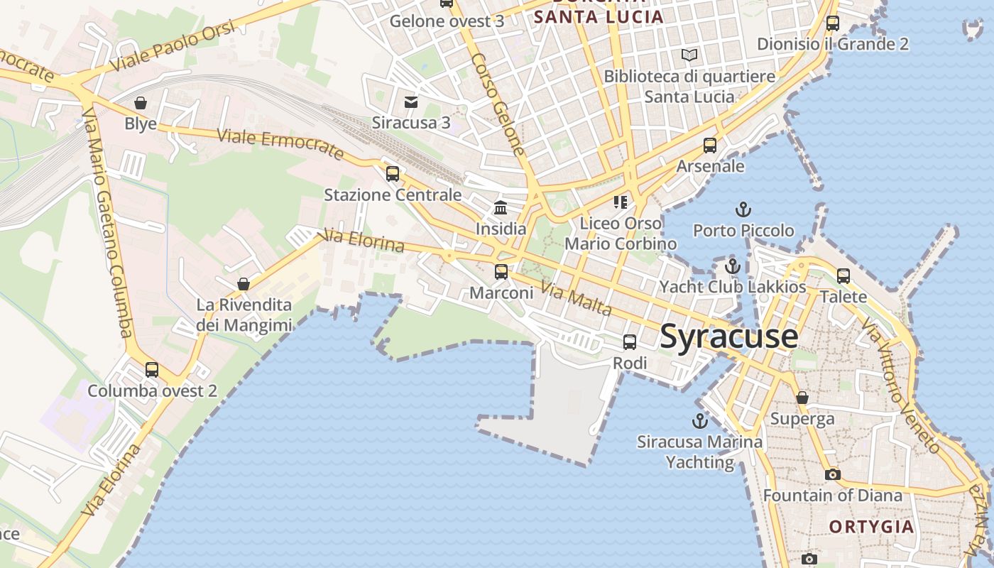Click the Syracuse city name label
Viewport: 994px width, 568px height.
tap(728, 336)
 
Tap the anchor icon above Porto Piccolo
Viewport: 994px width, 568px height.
tap(743, 209)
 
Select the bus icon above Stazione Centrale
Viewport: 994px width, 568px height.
tap(393, 174)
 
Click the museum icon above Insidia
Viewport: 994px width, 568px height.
tap(501, 208)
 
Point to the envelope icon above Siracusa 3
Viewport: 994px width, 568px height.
tap(411, 102)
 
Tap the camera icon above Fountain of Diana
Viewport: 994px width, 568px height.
tap(832, 474)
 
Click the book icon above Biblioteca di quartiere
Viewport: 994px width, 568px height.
tap(689, 55)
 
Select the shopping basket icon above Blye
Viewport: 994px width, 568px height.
tap(141, 103)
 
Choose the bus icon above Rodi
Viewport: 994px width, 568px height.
tap(630, 342)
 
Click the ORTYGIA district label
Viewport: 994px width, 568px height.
tap(871, 527)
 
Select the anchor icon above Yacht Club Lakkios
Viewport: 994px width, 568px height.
tap(732, 266)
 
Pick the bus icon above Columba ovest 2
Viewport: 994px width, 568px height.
tap(152, 370)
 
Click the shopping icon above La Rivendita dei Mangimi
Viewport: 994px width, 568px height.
tap(244, 284)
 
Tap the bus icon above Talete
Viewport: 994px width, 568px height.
tap(843, 275)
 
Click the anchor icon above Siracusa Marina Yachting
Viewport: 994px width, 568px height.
tap(700, 420)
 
